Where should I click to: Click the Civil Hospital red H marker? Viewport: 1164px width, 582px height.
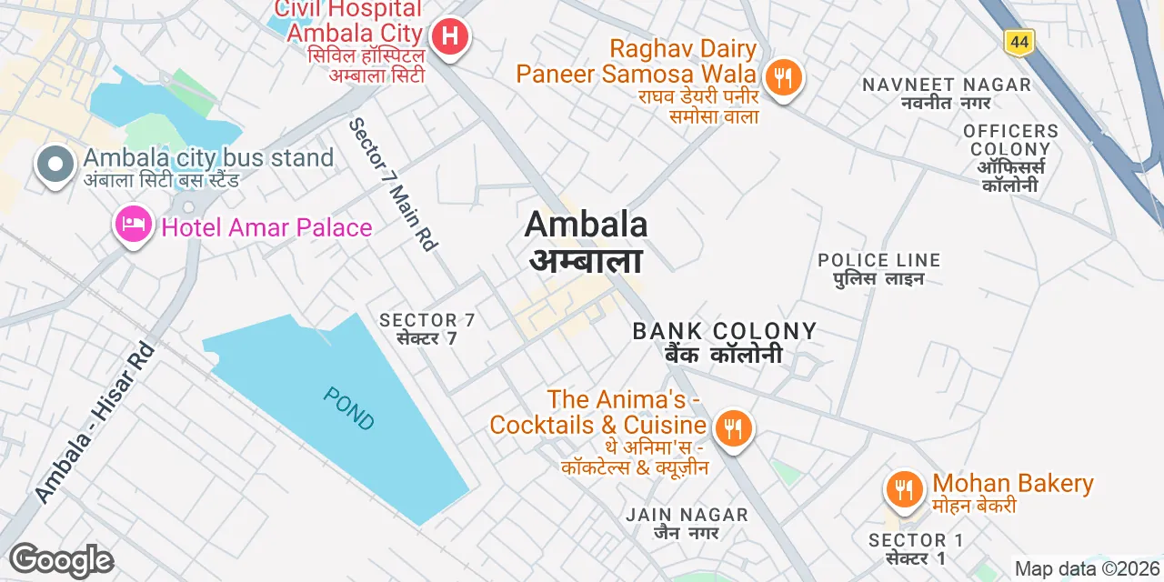click(449, 37)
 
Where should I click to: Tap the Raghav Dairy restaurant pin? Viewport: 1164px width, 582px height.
click(782, 75)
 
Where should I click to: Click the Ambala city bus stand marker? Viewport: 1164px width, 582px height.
click(55, 166)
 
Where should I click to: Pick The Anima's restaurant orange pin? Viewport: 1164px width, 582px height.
click(732, 427)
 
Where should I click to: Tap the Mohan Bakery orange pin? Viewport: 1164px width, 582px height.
click(903, 489)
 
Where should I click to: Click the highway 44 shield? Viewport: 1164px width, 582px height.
click(1019, 41)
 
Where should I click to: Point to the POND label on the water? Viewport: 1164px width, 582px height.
click(348, 408)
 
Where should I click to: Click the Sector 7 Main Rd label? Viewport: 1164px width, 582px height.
click(394, 185)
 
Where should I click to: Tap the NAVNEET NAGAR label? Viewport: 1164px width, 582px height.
click(947, 85)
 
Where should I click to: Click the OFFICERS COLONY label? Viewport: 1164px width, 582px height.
click(1010, 140)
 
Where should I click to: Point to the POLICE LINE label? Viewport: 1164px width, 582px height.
click(878, 261)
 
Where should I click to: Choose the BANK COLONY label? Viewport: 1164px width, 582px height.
click(725, 332)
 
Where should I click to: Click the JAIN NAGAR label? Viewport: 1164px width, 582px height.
click(687, 516)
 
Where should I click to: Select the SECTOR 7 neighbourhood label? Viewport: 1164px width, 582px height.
click(427, 320)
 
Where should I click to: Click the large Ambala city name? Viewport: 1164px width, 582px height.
click(587, 225)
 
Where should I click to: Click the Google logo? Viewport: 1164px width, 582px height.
click(61, 560)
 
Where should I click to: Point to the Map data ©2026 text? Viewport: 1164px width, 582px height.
click(1088, 569)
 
